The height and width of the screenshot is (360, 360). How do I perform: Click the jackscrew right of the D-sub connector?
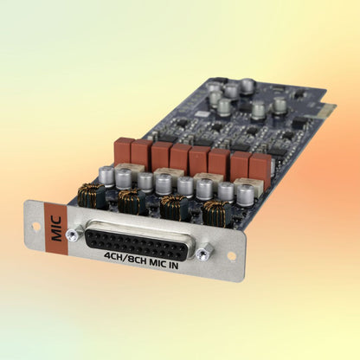(205, 253)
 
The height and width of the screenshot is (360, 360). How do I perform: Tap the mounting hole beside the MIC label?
(36, 226)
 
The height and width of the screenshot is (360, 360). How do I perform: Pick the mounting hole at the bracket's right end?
(230, 256)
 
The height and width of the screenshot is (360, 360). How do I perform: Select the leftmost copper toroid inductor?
(90, 195)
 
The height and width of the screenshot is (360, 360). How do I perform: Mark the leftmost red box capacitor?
(123, 149)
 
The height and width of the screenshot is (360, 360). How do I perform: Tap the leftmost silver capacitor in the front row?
(107, 176)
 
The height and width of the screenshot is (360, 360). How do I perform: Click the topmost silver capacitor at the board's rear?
(248, 86)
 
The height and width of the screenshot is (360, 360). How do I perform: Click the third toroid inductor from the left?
(174, 206)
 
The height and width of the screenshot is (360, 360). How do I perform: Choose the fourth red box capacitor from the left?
(180, 157)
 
